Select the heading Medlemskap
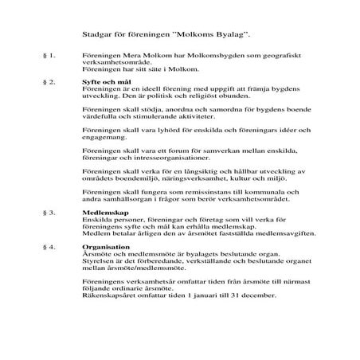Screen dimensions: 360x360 point(104,213)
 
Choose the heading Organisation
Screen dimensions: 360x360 point(104,246)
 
